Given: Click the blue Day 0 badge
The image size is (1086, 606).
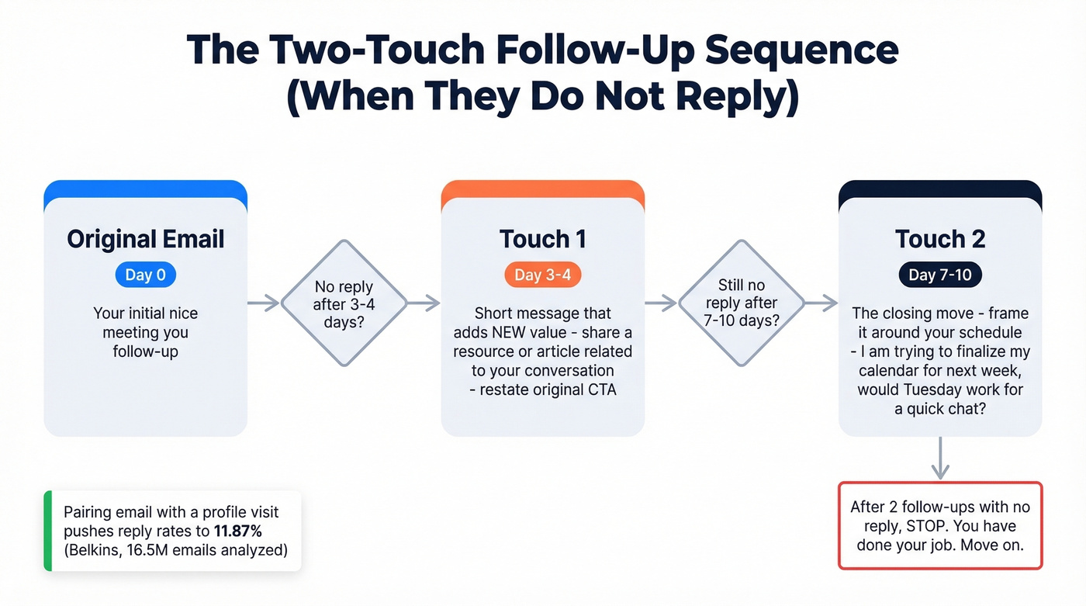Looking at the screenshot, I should tap(145, 275).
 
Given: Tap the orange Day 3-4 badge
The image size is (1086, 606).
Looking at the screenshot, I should tap(542, 275).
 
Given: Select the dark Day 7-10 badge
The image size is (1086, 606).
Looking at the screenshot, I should tap(939, 275).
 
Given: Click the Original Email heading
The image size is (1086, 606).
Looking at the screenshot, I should tap(145, 239).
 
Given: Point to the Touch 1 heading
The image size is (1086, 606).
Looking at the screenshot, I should tap(542, 239).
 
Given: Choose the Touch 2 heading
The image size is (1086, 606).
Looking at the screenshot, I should tap(939, 239).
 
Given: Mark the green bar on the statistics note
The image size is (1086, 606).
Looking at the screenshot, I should tap(48, 532).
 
